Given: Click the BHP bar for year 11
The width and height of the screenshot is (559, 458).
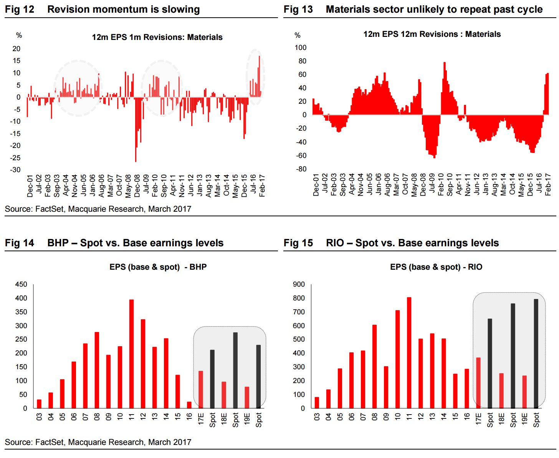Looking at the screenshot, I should click(131, 353).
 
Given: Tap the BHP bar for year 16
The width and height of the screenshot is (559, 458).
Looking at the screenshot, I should click(189, 405).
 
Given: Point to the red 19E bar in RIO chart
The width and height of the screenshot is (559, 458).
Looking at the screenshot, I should click(524, 392).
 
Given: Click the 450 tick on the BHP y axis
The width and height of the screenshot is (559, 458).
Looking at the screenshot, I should click(21, 284).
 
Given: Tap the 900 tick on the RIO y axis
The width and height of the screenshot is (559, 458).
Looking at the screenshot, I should click(299, 284).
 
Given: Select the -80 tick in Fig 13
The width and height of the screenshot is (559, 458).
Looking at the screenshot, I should click(301, 169).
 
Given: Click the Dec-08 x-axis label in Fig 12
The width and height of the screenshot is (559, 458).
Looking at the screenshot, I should click(137, 186).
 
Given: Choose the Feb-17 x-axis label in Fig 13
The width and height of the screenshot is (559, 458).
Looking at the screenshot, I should click(548, 185).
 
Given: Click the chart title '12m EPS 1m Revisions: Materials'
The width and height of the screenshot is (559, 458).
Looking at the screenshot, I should click(157, 37).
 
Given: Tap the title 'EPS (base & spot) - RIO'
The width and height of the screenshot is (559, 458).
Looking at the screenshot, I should click(436, 267).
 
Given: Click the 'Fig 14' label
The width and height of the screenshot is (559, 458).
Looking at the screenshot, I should click(20, 243).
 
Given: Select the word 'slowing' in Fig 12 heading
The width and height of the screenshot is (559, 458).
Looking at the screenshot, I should click(180, 10).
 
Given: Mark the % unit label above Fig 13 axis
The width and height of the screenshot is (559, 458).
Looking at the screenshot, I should click(298, 35).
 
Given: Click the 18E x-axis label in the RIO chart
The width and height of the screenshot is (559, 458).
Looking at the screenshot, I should click(501, 418).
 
